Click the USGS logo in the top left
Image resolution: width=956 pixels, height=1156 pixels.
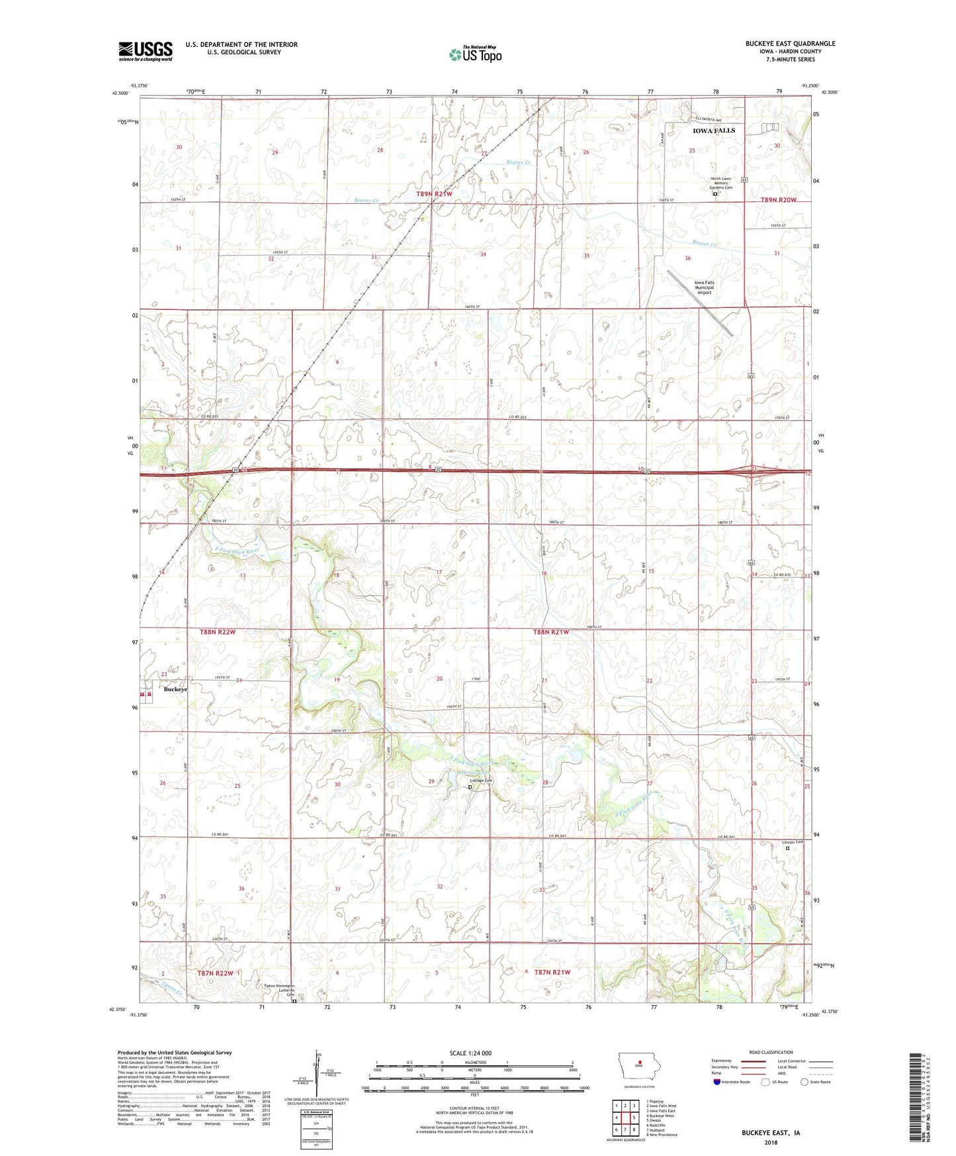pyautogui.click(x=146, y=51)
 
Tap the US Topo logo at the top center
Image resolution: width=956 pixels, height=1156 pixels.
pyautogui.click(x=475, y=54)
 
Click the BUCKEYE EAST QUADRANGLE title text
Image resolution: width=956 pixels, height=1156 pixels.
pyautogui.click(x=790, y=44)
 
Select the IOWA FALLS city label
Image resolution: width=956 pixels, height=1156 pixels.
pyautogui.click(x=713, y=130)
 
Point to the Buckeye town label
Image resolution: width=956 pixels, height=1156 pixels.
pyautogui.click(x=175, y=689)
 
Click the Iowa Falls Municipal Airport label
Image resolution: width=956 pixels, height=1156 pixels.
pyautogui.click(x=704, y=287)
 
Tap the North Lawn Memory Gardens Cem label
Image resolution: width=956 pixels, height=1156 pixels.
pyautogui.click(x=721, y=183)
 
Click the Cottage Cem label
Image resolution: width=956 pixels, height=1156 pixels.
pyautogui.click(x=481, y=781)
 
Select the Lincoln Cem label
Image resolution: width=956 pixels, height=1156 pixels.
pyautogui.click(x=793, y=842)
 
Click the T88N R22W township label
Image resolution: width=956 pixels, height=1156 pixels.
pyautogui.click(x=218, y=632)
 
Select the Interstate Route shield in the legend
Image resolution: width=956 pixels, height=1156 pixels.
pyautogui.click(x=718, y=1082)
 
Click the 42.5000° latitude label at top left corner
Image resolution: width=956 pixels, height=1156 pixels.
pyautogui.click(x=120, y=93)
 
